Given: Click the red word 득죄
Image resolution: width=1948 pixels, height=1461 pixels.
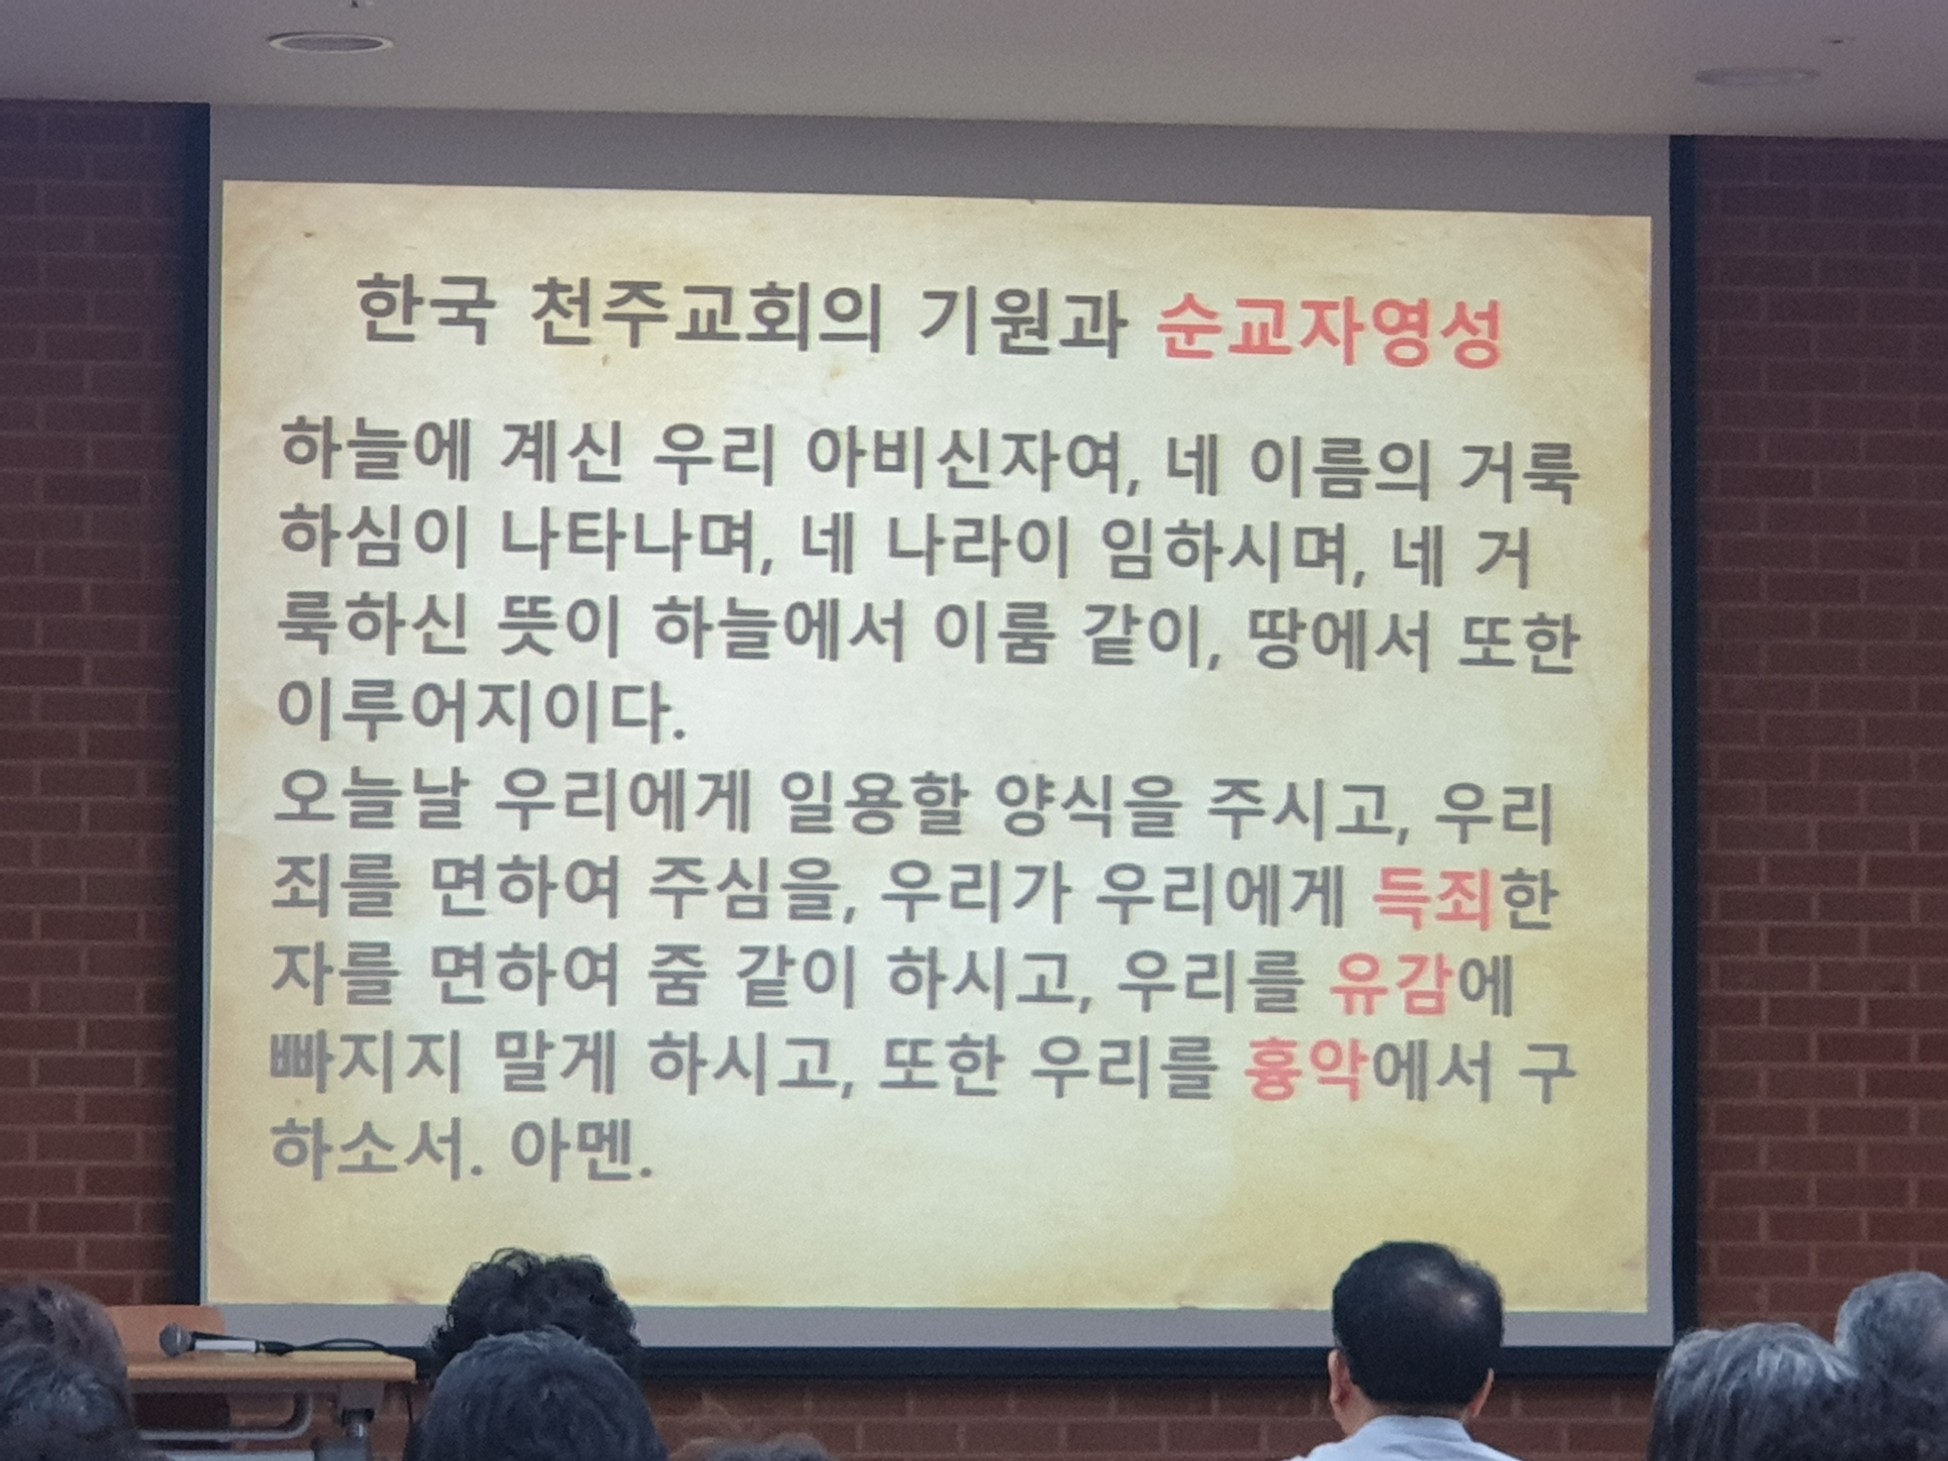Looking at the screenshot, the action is tap(1431, 900).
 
